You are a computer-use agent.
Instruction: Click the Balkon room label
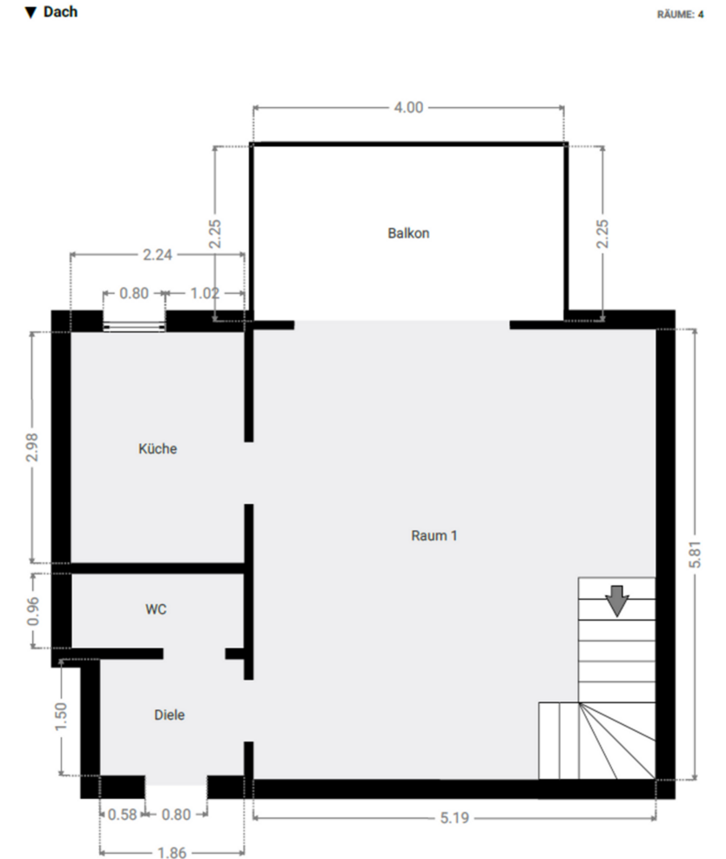[x=408, y=233]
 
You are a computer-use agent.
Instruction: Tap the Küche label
[x=158, y=449]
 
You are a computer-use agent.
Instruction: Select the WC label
[x=156, y=609]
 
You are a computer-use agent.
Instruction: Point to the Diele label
[x=170, y=715]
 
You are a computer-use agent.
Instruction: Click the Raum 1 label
[x=434, y=535]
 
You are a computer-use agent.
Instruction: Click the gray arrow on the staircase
[x=617, y=601]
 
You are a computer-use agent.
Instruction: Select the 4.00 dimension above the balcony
[x=408, y=108]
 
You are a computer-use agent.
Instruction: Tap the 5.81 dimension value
[x=694, y=554]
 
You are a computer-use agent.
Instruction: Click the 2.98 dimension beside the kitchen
[x=33, y=447]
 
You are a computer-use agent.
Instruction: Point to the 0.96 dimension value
[x=33, y=610]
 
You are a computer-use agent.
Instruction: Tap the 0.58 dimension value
[x=121, y=815]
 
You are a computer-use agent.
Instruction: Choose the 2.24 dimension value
[x=157, y=255]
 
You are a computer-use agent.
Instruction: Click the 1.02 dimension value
[x=205, y=293]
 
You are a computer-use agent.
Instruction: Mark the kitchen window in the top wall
[x=134, y=325]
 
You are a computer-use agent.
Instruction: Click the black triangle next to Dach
[x=31, y=13]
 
